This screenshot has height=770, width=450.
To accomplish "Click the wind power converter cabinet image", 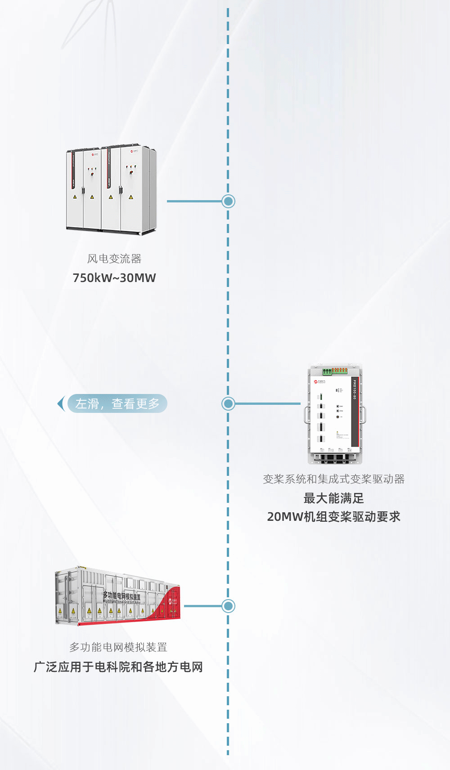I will pos(111,189).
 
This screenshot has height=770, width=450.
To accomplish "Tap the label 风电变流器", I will pos(114,259).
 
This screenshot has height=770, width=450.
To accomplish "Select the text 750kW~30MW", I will pos(114,278).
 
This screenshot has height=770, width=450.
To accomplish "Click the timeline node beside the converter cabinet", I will pos(229,201).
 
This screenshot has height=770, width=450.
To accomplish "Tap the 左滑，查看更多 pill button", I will pos(117,403).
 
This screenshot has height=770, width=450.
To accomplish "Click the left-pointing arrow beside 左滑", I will pos(61,403).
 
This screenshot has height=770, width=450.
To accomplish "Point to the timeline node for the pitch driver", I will pos(229,403).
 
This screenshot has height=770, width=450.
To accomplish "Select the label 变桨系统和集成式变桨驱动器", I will pos(334,479).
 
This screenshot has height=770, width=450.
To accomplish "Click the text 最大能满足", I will pos(334,498).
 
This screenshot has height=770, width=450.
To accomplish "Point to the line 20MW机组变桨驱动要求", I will pos(334,517).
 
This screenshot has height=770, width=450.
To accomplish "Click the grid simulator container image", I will pos(118,596).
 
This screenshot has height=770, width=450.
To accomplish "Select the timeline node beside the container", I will pos(229,606).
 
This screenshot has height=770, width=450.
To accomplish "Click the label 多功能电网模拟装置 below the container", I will pos(118,647).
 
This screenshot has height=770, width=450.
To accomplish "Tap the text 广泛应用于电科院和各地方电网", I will pos(118,667).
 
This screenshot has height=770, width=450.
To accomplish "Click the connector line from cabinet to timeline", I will pos(194,201).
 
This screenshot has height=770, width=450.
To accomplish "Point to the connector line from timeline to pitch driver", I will pos(267,403).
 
